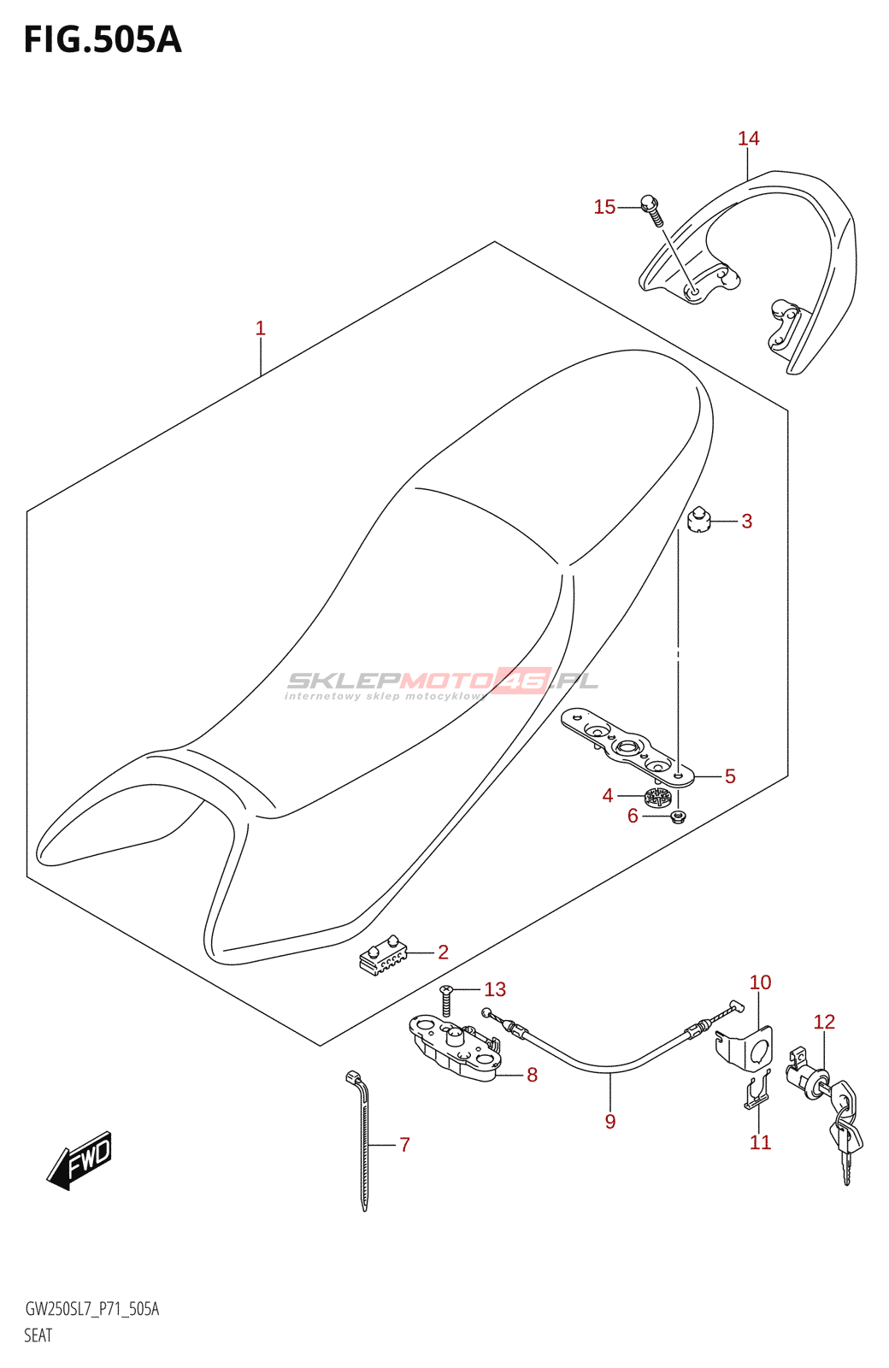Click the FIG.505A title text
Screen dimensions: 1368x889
pyautogui.click(x=103, y=40)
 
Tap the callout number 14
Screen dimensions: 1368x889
pyautogui.click(x=748, y=139)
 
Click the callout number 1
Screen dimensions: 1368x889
pyautogui.click(x=260, y=328)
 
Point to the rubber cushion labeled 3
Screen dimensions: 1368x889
pyautogui.click(x=699, y=520)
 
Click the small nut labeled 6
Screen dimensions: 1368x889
pyautogui.click(x=678, y=817)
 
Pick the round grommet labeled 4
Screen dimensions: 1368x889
pyautogui.click(x=657, y=798)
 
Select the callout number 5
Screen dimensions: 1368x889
pyautogui.click(x=729, y=776)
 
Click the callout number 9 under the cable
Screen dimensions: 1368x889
pyautogui.click(x=610, y=1122)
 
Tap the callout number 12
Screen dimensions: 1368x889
pyautogui.click(x=824, y=1022)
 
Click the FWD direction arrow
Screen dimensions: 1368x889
pyautogui.click(x=80, y=1160)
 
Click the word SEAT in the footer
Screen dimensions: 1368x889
pyautogui.click(x=38, y=1336)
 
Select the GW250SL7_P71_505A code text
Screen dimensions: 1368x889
pyautogui.click(x=92, y=1309)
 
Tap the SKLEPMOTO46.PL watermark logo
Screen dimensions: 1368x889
pyautogui.click(x=442, y=681)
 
